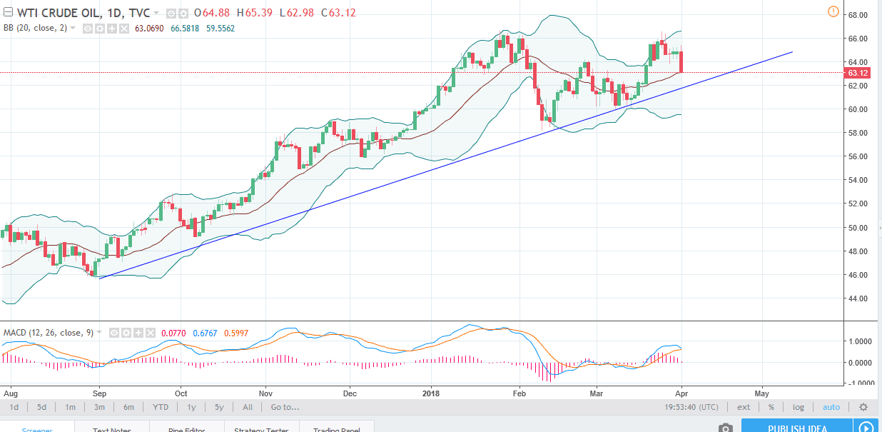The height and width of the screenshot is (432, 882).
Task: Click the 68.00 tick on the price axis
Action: [858, 15]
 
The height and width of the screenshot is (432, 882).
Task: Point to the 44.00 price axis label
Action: [858, 298]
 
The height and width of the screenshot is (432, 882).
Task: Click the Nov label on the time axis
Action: [266, 393]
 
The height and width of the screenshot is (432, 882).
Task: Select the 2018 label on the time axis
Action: [431, 393]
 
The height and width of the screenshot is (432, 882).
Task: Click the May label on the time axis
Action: [761, 393]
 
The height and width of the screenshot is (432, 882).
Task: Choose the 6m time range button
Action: [128, 407]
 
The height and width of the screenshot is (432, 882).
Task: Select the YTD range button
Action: [160, 407]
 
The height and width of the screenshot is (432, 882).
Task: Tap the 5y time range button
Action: [219, 407]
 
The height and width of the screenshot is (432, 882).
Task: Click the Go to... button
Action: [285, 407]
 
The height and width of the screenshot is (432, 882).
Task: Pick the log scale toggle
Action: [798, 407]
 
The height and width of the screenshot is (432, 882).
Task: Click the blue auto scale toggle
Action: [831, 407]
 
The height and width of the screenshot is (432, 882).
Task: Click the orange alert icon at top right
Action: [833, 11]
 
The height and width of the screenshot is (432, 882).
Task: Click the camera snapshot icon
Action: [726, 428]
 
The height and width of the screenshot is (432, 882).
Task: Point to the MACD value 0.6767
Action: [204, 333]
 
